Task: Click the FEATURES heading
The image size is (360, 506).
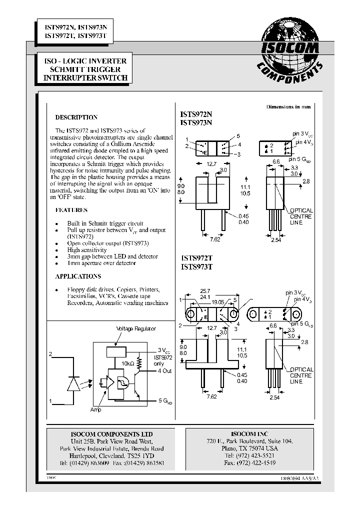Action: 71,210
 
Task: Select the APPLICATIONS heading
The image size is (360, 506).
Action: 78,276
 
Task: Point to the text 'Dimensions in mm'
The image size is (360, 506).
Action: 288,107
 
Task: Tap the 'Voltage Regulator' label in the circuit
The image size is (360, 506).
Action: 136,328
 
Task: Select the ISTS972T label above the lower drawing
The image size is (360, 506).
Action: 196,258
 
